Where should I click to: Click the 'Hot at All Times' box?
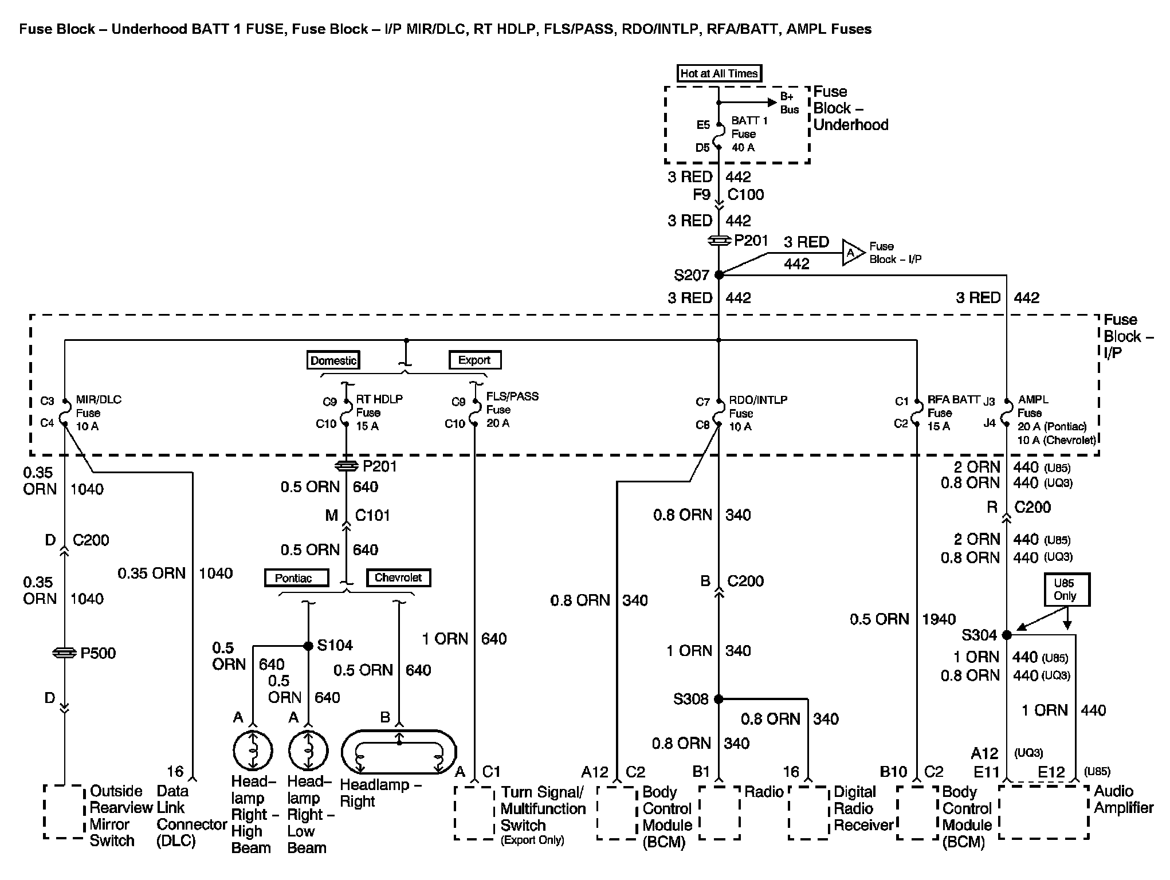click(x=719, y=73)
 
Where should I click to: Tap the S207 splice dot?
click(x=719, y=275)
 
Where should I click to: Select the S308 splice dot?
click(x=719, y=699)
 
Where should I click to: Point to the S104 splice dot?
click(x=308, y=646)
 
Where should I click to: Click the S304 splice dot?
click(x=1007, y=635)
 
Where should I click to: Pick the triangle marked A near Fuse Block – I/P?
click(x=852, y=253)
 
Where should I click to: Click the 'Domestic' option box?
click(x=333, y=360)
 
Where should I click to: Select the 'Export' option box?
click(x=474, y=360)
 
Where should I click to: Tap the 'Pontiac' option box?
click(x=296, y=577)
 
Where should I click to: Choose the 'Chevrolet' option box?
click(x=398, y=577)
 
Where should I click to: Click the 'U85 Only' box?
click(x=1066, y=590)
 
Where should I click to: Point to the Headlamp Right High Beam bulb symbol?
click(x=253, y=751)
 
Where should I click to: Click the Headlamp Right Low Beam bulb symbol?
click(x=308, y=751)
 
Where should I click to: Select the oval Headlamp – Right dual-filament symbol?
click(x=399, y=751)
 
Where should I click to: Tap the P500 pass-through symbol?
click(x=64, y=653)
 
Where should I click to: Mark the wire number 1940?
click(x=939, y=619)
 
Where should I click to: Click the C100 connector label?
click(x=745, y=195)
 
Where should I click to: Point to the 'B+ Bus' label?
click(x=790, y=103)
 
